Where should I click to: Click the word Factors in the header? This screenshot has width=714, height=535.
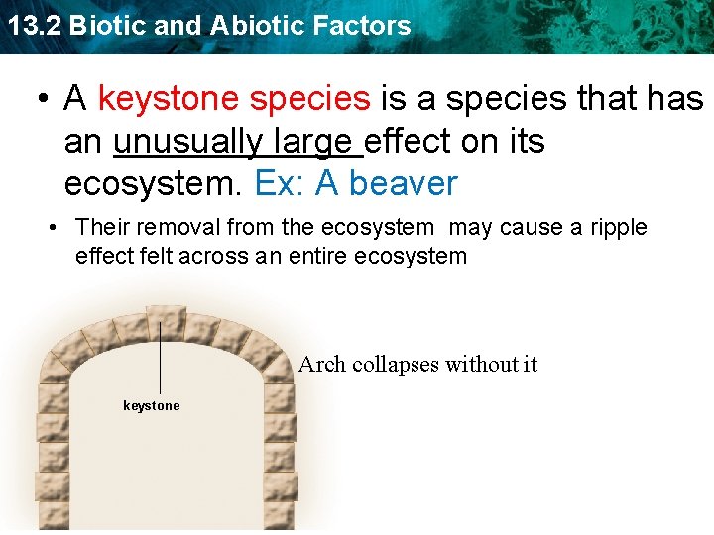[368, 26]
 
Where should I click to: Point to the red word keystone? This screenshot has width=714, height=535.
[168, 99]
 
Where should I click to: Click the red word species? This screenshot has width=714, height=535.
[309, 99]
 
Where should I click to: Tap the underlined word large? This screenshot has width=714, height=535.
[315, 142]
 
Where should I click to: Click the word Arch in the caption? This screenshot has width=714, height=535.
[322, 365]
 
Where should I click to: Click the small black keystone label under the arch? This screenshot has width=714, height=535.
[152, 406]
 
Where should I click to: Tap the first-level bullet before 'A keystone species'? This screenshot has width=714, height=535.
[44, 99]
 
